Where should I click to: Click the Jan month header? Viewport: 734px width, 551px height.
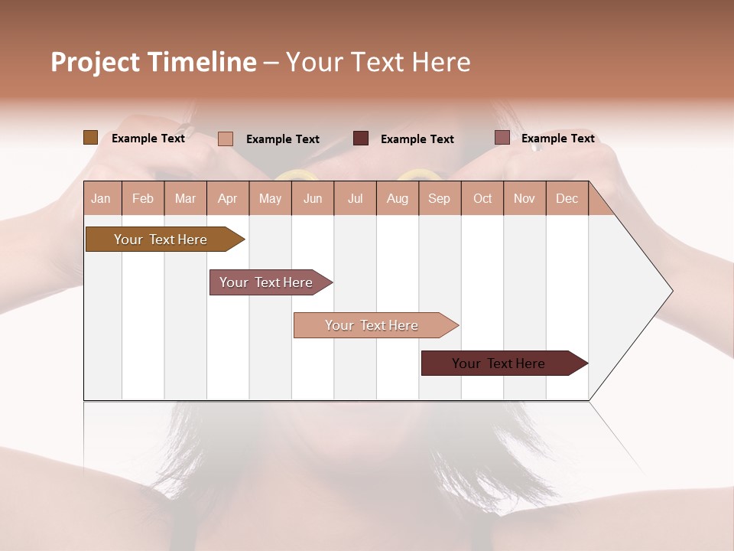[102, 199]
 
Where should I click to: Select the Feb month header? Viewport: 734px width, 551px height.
[143, 199]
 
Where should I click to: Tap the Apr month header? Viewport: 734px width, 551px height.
[228, 199]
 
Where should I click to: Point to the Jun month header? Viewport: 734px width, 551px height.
[313, 199]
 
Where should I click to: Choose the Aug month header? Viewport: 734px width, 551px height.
[398, 199]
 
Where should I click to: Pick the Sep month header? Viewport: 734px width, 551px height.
[440, 199]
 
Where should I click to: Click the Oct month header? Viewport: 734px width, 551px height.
[482, 199]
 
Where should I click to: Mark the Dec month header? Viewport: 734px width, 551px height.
[567, 199]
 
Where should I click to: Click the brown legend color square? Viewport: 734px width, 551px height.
[91, 138]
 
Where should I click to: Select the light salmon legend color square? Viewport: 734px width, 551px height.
[226, 139]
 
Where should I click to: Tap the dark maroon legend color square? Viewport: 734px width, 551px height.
[361, 139]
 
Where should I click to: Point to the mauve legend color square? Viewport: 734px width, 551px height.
[502, 138]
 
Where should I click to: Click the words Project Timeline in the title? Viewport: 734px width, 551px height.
[154, 62]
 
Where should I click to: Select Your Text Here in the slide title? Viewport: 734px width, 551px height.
[378, 62]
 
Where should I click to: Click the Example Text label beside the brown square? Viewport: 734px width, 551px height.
[148, 139]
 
